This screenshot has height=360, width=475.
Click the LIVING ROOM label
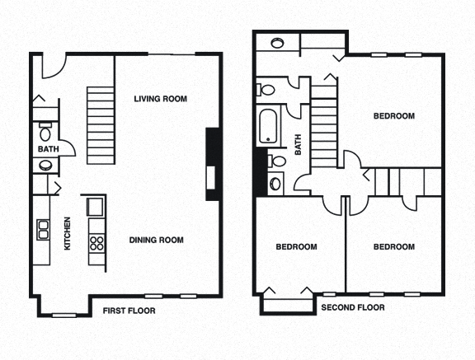161,99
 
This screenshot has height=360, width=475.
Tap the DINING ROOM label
156,241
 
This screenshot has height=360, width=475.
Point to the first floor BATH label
46,149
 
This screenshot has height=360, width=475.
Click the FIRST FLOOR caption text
129,311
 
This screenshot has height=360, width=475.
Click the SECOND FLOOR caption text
353,307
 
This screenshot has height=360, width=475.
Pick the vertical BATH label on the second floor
299,147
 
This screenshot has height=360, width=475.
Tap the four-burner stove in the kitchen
96,242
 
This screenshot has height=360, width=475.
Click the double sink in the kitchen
42,229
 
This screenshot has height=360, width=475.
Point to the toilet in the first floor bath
45,133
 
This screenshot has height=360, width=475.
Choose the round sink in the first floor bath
45,165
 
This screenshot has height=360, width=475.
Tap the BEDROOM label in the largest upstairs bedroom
394,116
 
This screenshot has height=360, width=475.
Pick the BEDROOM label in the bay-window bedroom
296,246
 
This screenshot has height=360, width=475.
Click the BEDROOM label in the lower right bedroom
394,246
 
